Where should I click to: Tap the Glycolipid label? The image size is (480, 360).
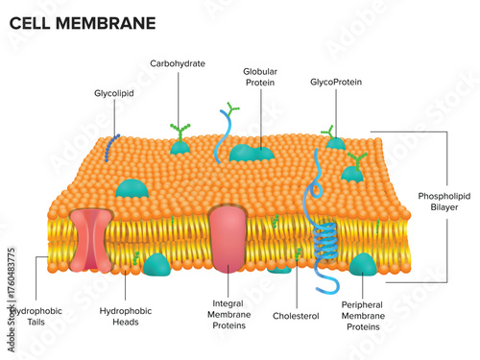coord(113,94)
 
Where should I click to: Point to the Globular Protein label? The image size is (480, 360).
coord(259,77)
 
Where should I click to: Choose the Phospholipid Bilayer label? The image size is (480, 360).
coord(444,202)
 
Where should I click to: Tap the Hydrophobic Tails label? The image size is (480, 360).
coord(28,316)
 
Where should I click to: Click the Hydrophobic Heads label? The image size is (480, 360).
coord(126,316)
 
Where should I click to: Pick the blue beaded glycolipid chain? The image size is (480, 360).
coord(113,144)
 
